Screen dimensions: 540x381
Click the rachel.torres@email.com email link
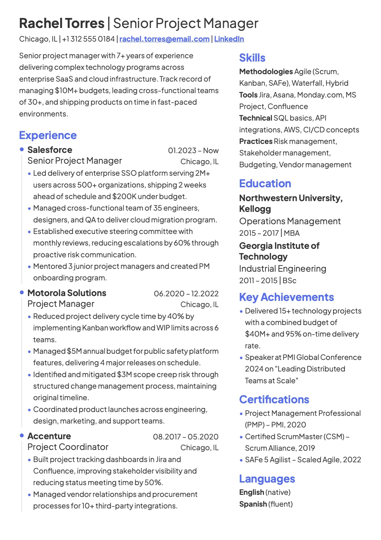coord(164,39)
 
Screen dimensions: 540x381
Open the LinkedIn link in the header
coord(229,39)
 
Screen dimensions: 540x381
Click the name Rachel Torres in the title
coord(62,23)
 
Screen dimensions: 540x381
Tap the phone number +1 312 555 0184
coord(88,39)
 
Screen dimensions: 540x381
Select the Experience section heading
coord(48,135)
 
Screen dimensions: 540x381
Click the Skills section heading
coord(252,58)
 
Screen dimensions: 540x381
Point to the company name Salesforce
coord(50,150)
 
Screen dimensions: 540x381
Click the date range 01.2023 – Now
coord(193,151)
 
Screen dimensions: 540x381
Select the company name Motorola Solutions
coord(67,293)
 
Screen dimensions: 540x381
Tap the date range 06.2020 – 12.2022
coord(186,293)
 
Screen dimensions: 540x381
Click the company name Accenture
coord(49,436)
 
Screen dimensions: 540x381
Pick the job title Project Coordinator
coord(68,447)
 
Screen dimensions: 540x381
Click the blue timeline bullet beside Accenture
coord(22,436)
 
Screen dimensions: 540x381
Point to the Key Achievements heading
coord(286,297)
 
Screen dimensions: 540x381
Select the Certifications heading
coord(274,399)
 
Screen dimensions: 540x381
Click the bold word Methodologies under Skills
coord(266,72)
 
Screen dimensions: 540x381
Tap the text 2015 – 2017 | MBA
coord(269,233)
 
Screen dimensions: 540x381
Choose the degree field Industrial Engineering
coord(282,269)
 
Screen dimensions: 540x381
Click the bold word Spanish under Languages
coord(253,504)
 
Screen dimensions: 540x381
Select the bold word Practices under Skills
coord(255,141)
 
